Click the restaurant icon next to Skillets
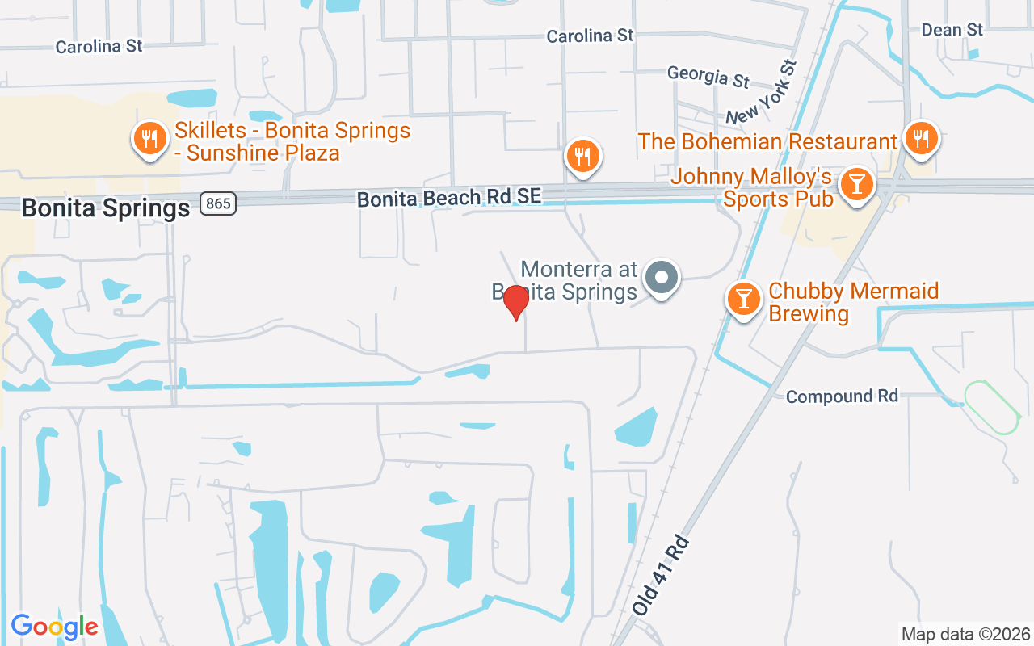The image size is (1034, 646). coord(149,139)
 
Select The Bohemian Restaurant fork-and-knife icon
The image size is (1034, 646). coord(920,139)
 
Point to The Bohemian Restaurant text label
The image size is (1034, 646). coord(767,142)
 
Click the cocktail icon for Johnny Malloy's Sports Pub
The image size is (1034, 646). coord(856,185)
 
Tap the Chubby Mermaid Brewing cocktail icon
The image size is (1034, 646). coord(743,299)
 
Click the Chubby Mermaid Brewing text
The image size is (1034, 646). coord(853,302)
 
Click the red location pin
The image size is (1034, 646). coord(515,303)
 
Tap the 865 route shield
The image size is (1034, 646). coord(219,203)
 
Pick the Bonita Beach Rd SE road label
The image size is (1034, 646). coord(449,196)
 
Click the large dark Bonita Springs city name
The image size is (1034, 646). coord(105,208)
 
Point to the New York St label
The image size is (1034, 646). coord(761,92)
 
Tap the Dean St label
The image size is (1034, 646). coord(952,30)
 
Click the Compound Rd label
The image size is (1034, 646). coord(842,396)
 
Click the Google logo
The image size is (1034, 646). coord(54,627)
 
